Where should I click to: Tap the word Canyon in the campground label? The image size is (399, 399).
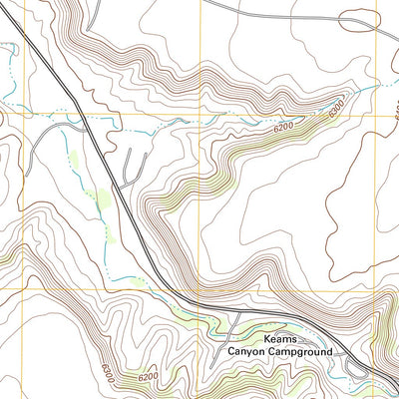(246, 352)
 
